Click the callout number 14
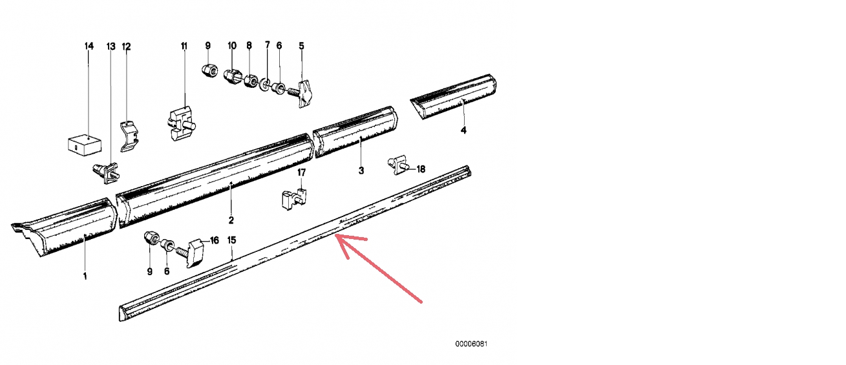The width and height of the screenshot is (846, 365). (x=89, y=46)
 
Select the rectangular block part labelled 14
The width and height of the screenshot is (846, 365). (x=85, y=144)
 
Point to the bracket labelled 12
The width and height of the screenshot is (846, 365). (x=129, y=136)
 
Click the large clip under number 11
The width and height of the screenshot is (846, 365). (x=180, y=123)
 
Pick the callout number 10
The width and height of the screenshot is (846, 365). (x=232, y=46)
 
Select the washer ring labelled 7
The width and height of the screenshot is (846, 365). (x=266, y=85)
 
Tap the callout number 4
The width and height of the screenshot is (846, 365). (x=463, y=130)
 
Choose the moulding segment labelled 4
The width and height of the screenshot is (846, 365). (x=453, y=96)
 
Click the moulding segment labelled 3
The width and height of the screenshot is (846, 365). (x=355, y=132)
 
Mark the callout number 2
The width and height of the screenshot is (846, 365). (x=231, y=220)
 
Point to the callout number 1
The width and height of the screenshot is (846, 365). (x=85, y=276)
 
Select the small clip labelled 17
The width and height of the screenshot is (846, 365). (x=294, y=198)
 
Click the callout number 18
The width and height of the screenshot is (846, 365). (x=421, y=169)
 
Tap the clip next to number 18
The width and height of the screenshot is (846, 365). (x=399, y=165)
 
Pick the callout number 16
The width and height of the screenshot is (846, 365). (x=214, y=240)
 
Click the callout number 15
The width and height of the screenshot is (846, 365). (x=231, y=240)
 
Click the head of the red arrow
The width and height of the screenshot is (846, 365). (x=336, y=236)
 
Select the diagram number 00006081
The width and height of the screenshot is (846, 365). (x=471, y=344)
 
